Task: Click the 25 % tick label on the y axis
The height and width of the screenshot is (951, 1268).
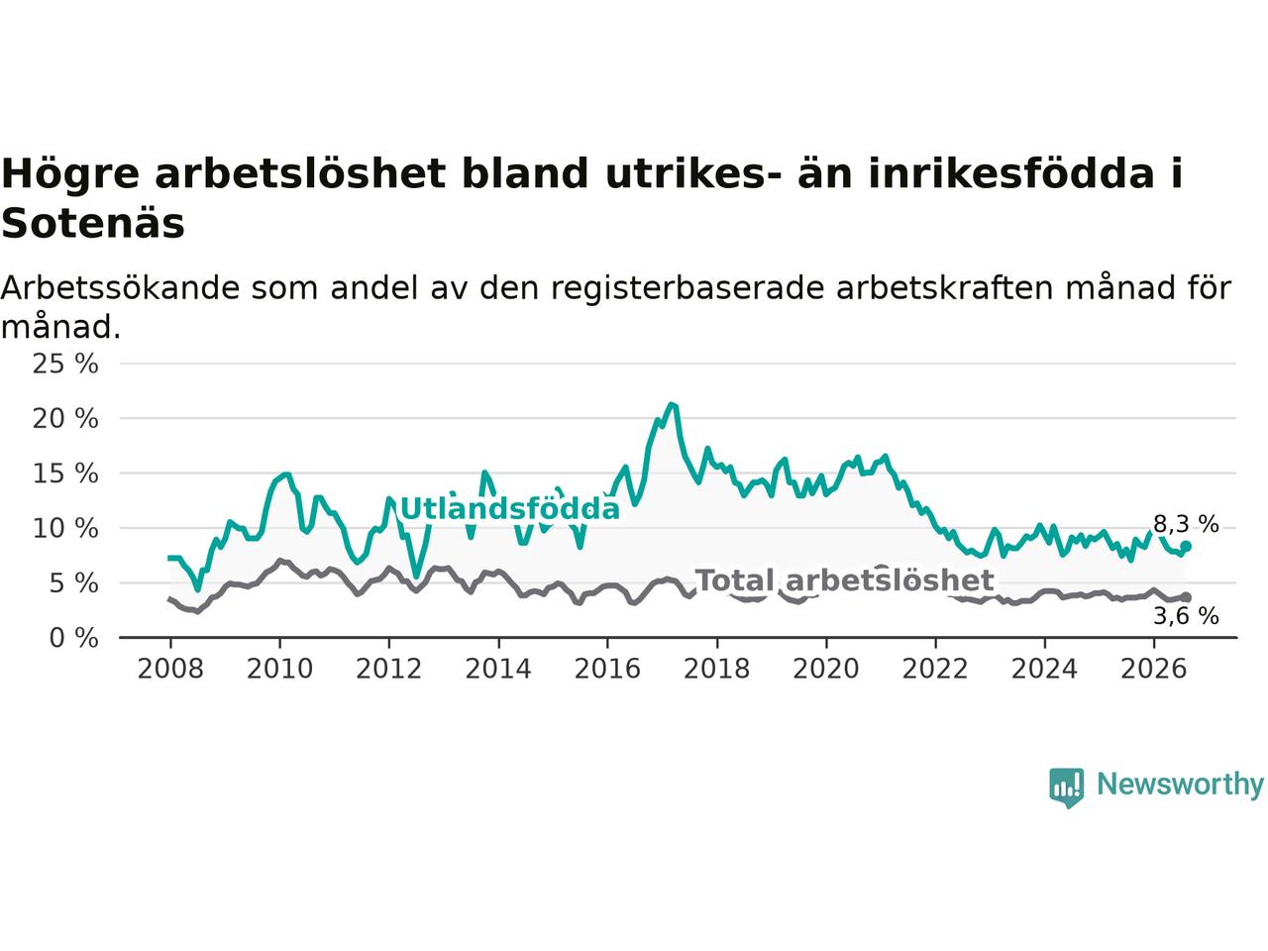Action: [65, 364]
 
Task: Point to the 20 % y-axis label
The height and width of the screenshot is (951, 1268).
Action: [65, 419]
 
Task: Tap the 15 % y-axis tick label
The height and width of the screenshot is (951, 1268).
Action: [65, 474]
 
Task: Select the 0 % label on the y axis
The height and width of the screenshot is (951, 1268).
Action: [73, 638]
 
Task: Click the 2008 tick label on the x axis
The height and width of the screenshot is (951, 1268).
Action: [170, 670]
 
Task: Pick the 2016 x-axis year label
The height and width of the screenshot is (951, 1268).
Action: [607, 670]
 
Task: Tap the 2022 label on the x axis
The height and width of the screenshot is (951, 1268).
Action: [935, 670]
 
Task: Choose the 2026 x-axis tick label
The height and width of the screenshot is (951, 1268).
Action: [1154, 670]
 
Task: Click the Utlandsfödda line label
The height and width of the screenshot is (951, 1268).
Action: [509, 509]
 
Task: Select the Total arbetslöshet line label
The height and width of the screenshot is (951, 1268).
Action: [845, 581]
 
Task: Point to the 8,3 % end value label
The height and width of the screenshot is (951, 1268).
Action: [1186, 524]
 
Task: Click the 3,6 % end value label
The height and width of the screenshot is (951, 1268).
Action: [1186, 616]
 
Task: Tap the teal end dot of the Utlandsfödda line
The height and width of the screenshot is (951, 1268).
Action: [1186, 546]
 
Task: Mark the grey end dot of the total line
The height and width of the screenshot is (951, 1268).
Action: [1186, 597]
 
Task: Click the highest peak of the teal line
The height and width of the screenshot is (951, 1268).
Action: [670, 404]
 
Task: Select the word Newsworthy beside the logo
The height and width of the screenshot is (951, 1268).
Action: [1180, 785]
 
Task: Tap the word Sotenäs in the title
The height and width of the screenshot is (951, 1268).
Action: [93, 224]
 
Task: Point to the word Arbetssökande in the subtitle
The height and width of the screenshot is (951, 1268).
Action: [120, 288]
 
